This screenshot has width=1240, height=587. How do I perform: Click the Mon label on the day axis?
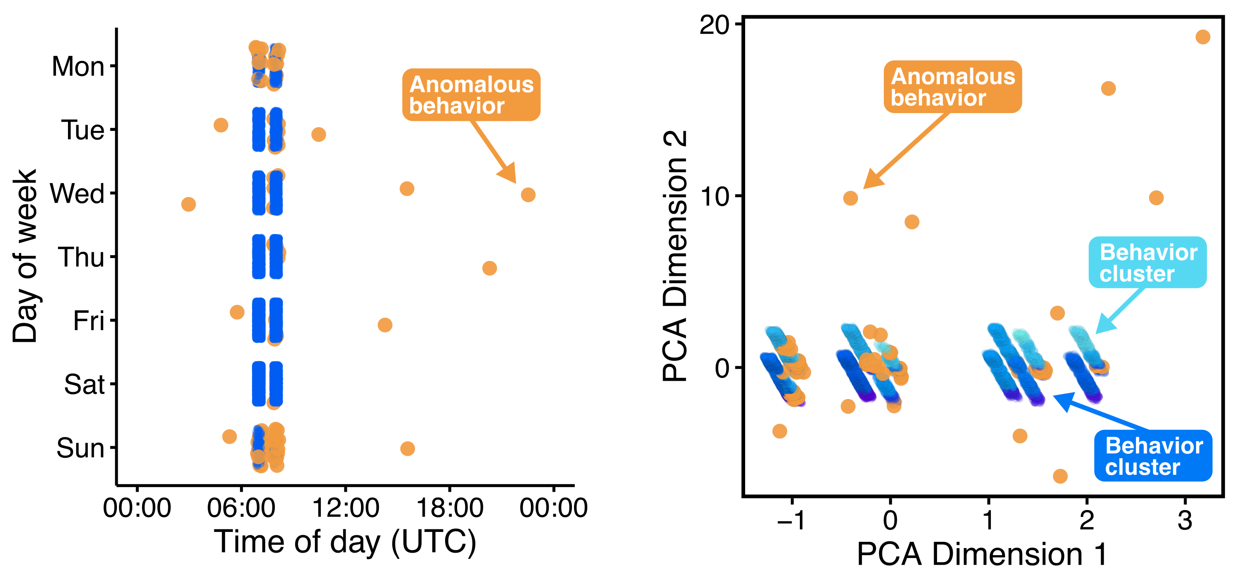78,66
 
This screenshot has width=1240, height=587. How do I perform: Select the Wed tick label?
77,193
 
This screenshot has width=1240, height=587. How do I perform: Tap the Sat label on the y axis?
84,384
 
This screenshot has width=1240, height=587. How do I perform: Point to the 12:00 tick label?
346,507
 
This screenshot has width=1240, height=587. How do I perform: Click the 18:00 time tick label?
450,507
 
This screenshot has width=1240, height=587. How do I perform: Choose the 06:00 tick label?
241,507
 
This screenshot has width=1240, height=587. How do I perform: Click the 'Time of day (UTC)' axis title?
345,542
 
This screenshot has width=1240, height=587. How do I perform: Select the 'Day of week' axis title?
25,256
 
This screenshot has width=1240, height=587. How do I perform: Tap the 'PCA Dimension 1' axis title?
982,554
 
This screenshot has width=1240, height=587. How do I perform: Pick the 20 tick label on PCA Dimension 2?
715,24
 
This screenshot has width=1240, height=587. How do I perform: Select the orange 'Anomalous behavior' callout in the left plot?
471,95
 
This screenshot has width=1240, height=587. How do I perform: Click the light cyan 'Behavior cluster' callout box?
1148,262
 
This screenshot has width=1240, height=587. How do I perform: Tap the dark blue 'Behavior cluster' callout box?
1153,456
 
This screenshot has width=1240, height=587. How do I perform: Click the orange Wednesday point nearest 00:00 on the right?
528,195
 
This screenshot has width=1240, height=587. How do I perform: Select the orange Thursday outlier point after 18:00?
489,268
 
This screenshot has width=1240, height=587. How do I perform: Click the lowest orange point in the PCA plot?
1061,476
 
